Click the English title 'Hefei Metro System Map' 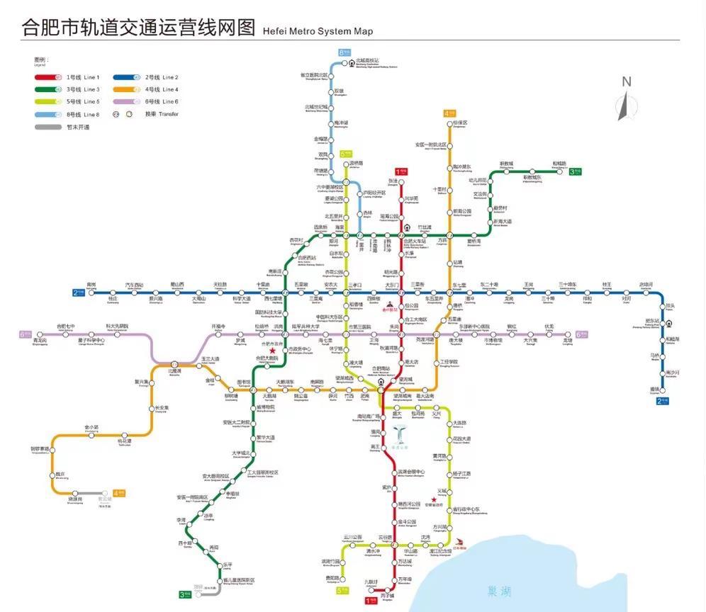317,31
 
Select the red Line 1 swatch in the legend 50,77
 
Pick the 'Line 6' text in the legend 170,102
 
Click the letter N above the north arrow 626,82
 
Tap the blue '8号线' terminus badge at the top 345,52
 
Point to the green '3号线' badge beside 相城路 576,171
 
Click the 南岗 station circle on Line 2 91,293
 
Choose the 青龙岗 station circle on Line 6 45,334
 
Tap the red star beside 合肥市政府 271,351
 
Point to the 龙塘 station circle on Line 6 567,334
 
